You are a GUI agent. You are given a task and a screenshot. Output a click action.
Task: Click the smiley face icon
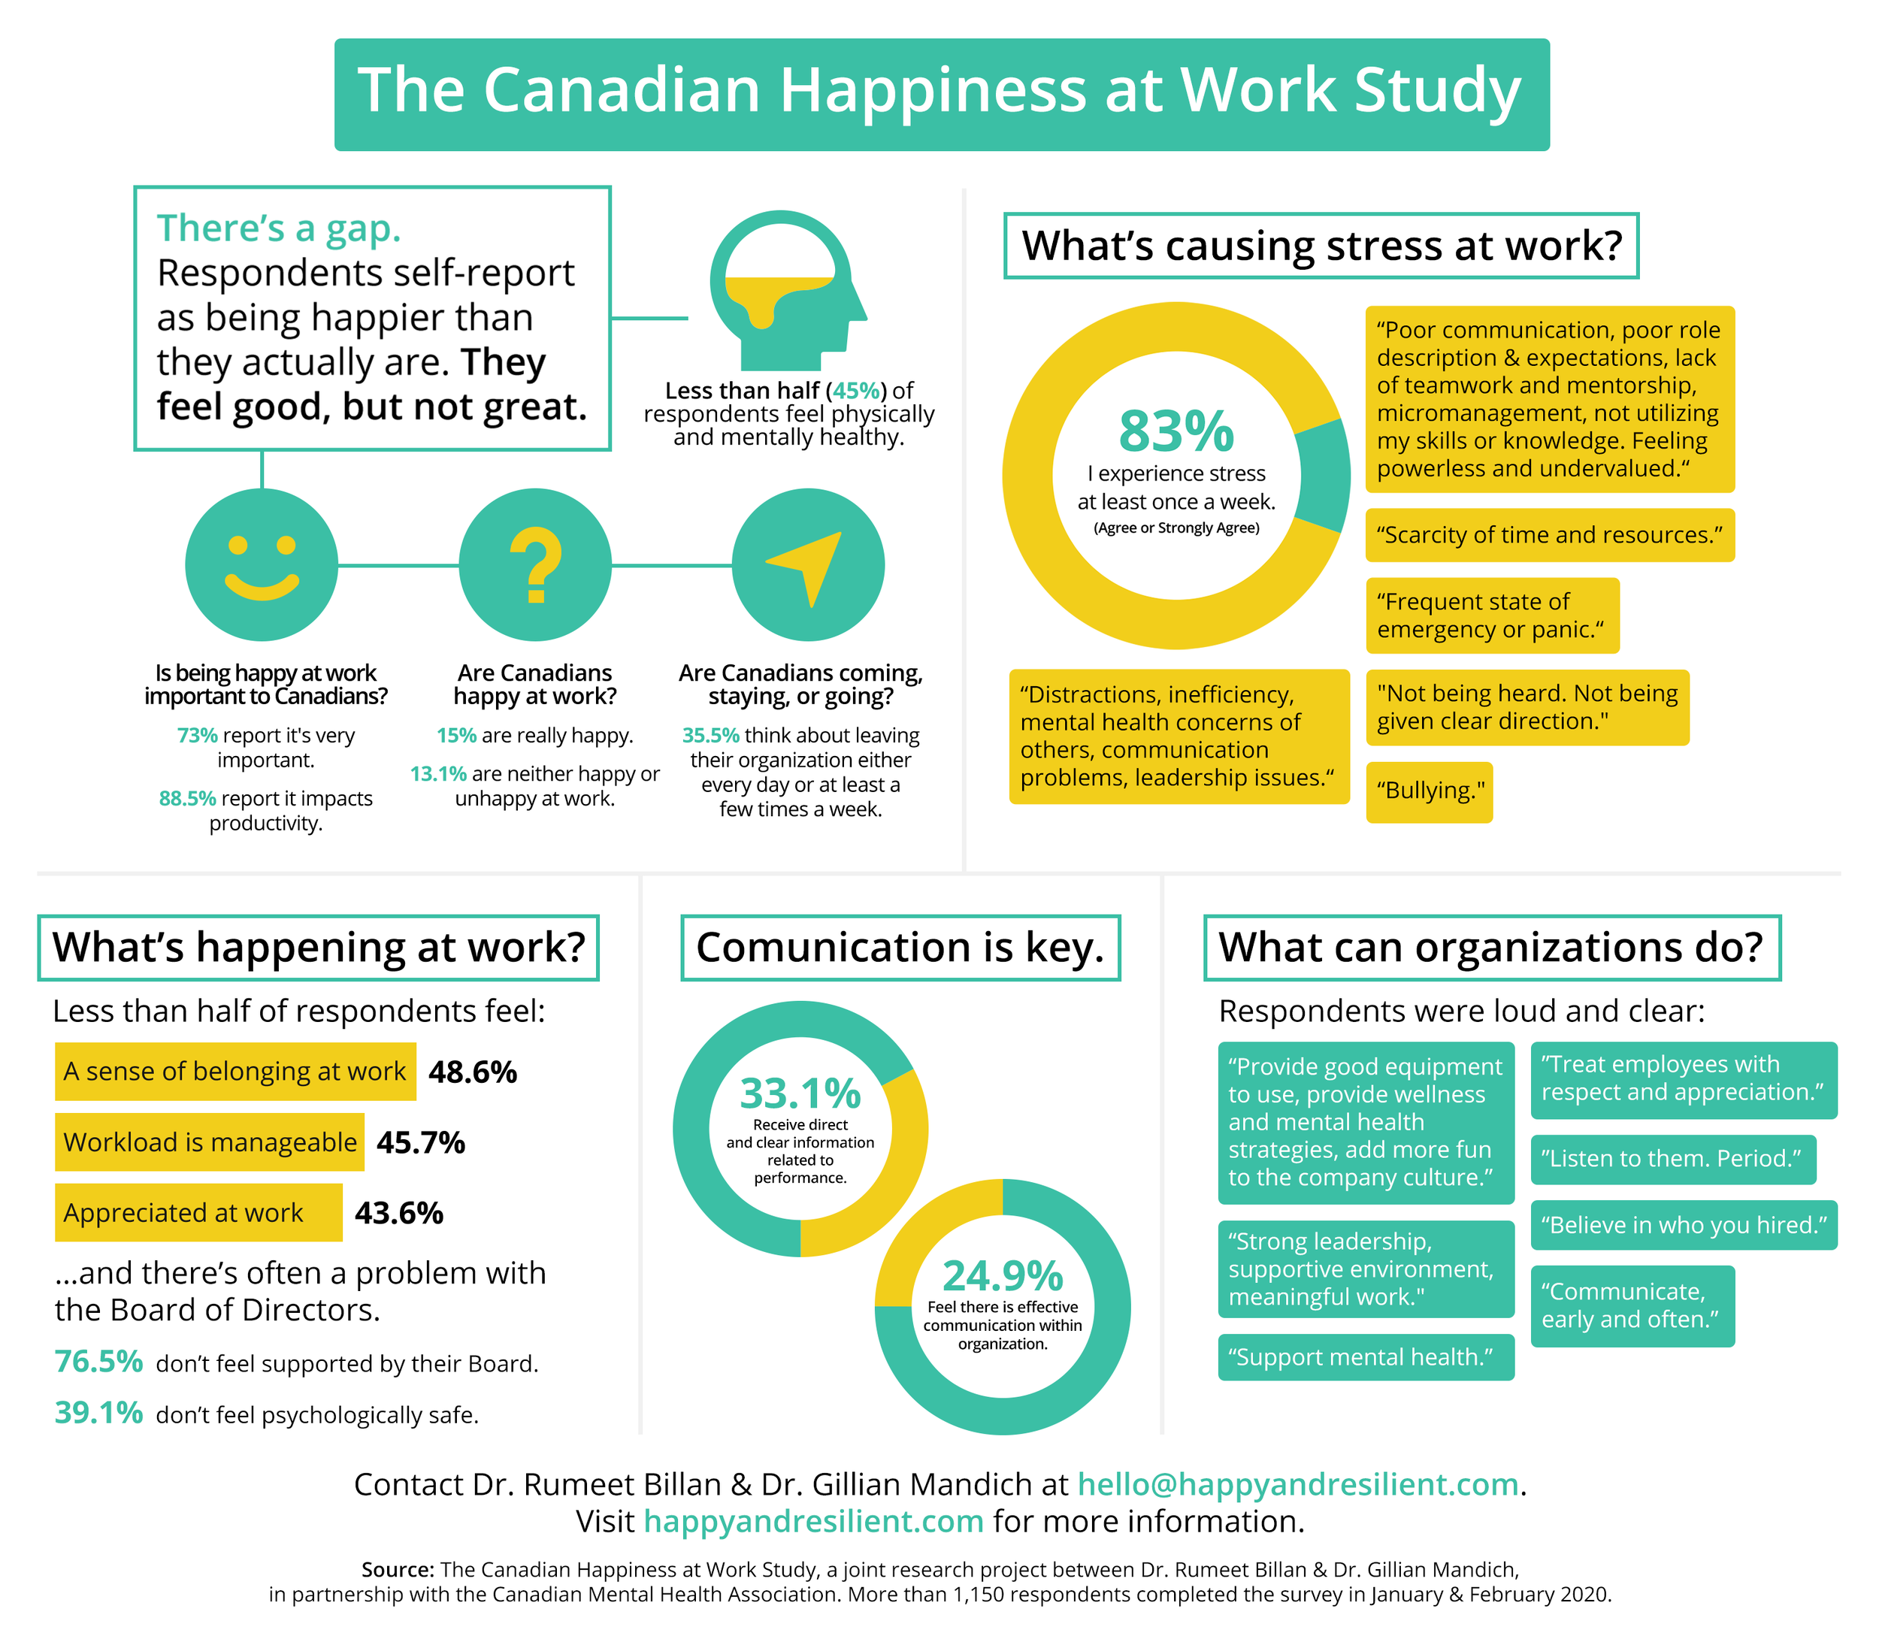[262, 565]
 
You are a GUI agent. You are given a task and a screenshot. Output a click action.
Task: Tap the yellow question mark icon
[535, 565]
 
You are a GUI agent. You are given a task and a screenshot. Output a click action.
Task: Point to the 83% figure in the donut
[1176, 431]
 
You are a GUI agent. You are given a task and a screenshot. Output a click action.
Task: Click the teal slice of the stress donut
[1322, 476]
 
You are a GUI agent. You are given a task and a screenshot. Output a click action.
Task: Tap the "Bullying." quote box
[1429, 791]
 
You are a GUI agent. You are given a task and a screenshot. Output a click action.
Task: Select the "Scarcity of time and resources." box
[1550, 535]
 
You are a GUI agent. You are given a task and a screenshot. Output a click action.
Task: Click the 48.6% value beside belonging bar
[472, 1072]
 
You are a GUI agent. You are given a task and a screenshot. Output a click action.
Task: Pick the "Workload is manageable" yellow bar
[210, 1142]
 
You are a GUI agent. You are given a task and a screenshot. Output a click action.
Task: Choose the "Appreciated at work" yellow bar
[198, 1213]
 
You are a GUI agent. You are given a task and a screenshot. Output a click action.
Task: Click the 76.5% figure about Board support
[98, 1362]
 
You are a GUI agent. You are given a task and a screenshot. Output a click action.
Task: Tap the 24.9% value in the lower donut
[1003, 1276]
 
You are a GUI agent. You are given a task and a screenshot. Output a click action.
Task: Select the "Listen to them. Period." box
[1672, 1159]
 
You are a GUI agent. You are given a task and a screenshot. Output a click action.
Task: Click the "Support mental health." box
[1365, 1357]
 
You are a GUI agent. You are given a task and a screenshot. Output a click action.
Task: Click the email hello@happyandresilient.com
[1297, 1484]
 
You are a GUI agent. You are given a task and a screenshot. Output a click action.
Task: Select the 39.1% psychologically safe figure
[98, 1413]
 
